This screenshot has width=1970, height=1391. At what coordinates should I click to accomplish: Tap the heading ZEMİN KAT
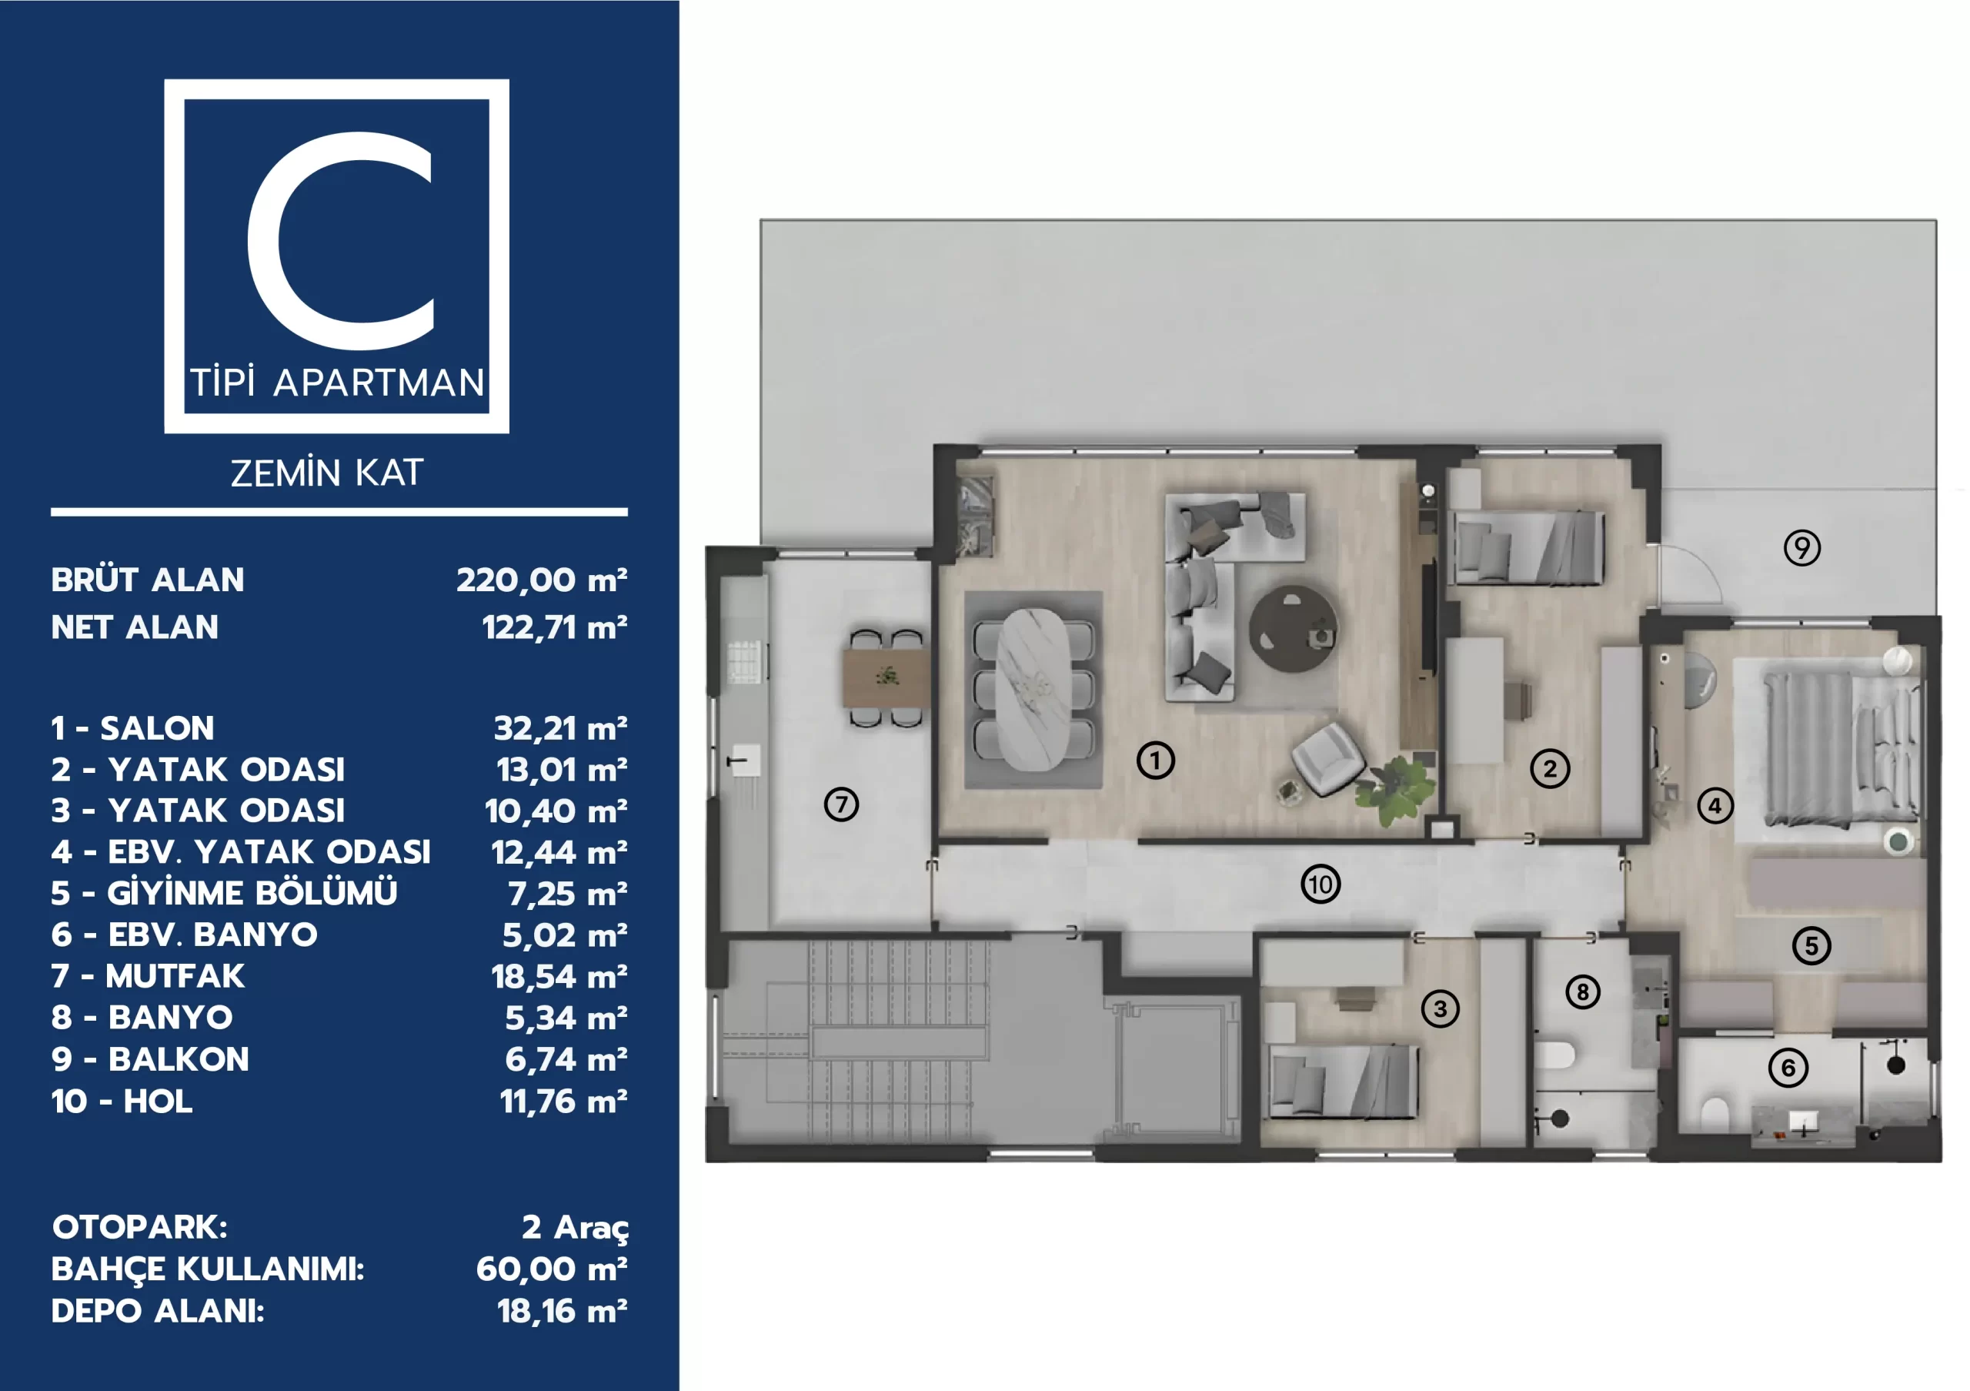[327, 473]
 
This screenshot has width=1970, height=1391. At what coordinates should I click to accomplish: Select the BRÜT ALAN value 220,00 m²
[542, 580]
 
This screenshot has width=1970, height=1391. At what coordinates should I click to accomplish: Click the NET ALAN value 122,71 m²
[554, 627]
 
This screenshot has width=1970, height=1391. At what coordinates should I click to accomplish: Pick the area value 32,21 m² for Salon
[560, 728]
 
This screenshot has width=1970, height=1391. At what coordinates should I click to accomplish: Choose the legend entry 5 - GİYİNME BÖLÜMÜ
[224, 892]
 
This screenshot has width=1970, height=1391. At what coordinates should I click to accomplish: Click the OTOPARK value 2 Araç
[575, 1227]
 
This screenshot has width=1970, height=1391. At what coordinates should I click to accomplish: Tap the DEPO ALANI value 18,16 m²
[562, 1311]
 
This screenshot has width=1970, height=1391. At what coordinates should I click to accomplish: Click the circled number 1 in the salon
[1156, 761]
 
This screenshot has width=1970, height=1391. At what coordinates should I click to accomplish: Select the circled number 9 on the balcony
[1801, 547]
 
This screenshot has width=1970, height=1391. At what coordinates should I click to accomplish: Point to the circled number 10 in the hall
[1321, 884]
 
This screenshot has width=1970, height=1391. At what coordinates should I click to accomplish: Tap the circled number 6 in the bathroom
[1788, 1068]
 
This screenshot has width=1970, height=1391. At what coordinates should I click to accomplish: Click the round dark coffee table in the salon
[1292, 628]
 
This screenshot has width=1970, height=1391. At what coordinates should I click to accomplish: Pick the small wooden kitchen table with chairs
[886, 678]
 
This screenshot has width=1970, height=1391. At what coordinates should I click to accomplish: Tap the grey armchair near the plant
[1327, 757]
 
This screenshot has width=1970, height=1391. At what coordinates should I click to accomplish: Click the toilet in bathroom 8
[1554, 1055]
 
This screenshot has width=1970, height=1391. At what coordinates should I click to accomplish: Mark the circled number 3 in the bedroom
[1440, 1008]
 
